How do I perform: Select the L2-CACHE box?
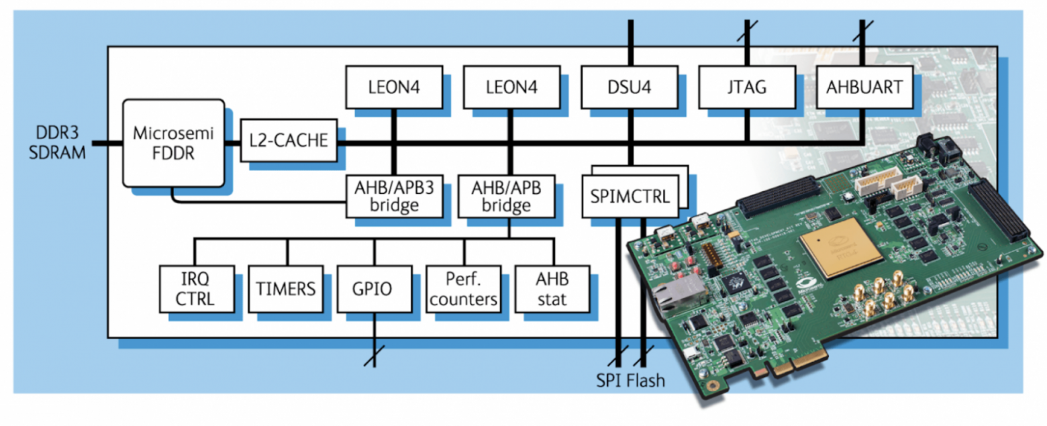(289, 141)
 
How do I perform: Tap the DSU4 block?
(629, 87)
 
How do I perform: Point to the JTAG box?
(746, 87)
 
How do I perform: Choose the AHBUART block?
(863, 87)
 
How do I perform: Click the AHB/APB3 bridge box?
(394, 196)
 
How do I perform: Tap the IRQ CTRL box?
(197, 288)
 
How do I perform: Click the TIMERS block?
(285, 288)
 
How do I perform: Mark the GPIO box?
(375, 288)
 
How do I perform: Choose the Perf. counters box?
(464, 288)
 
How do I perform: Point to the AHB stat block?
(552, 288)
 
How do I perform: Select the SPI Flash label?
(630, 380)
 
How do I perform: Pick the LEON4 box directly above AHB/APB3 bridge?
(394, 87)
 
